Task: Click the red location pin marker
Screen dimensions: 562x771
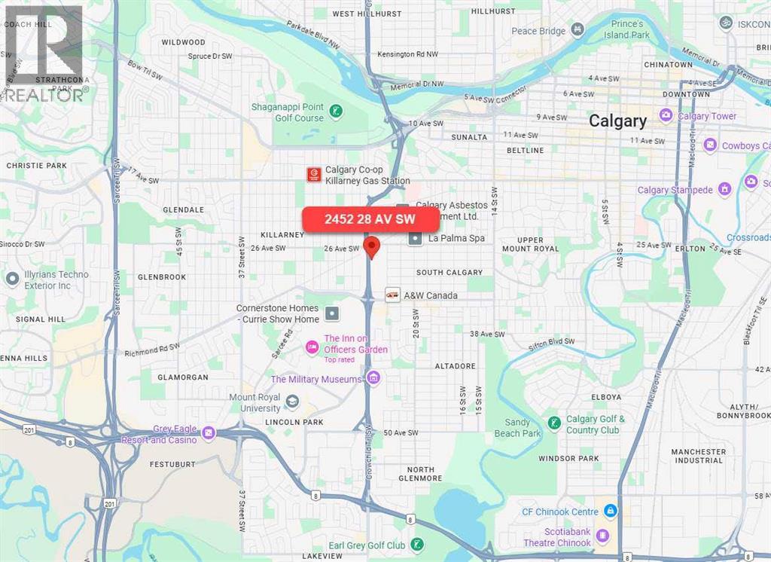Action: click(x=370, y=246)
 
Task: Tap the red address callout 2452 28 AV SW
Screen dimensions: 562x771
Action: click(x=370, y=220)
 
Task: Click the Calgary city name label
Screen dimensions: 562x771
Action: click(x=617, y=121)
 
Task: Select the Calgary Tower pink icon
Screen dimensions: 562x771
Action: click(x=666, y=116)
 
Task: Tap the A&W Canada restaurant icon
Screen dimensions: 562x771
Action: click(x=392, y=295)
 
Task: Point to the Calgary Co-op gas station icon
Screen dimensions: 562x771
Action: click(x=313, y=175)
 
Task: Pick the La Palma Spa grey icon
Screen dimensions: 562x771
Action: click(x=415, y=238)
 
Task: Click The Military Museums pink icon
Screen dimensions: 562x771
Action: click(x=373, y=379)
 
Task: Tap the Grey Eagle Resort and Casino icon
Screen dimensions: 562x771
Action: click(x=209, y=433)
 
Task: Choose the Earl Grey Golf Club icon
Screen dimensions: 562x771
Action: click(x=417, y=545)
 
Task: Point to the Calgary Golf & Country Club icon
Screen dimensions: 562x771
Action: click(x=553, y=423)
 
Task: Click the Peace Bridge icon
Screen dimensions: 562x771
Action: click(x=577, y=30)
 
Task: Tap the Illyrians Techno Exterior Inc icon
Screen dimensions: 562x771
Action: click(x=12, y=279)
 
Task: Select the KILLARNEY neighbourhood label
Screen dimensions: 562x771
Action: click(x=282, y=234)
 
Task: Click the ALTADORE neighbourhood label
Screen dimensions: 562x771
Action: click(x=456, y=366)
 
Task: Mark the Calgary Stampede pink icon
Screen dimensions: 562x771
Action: click(x=724, y=189)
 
